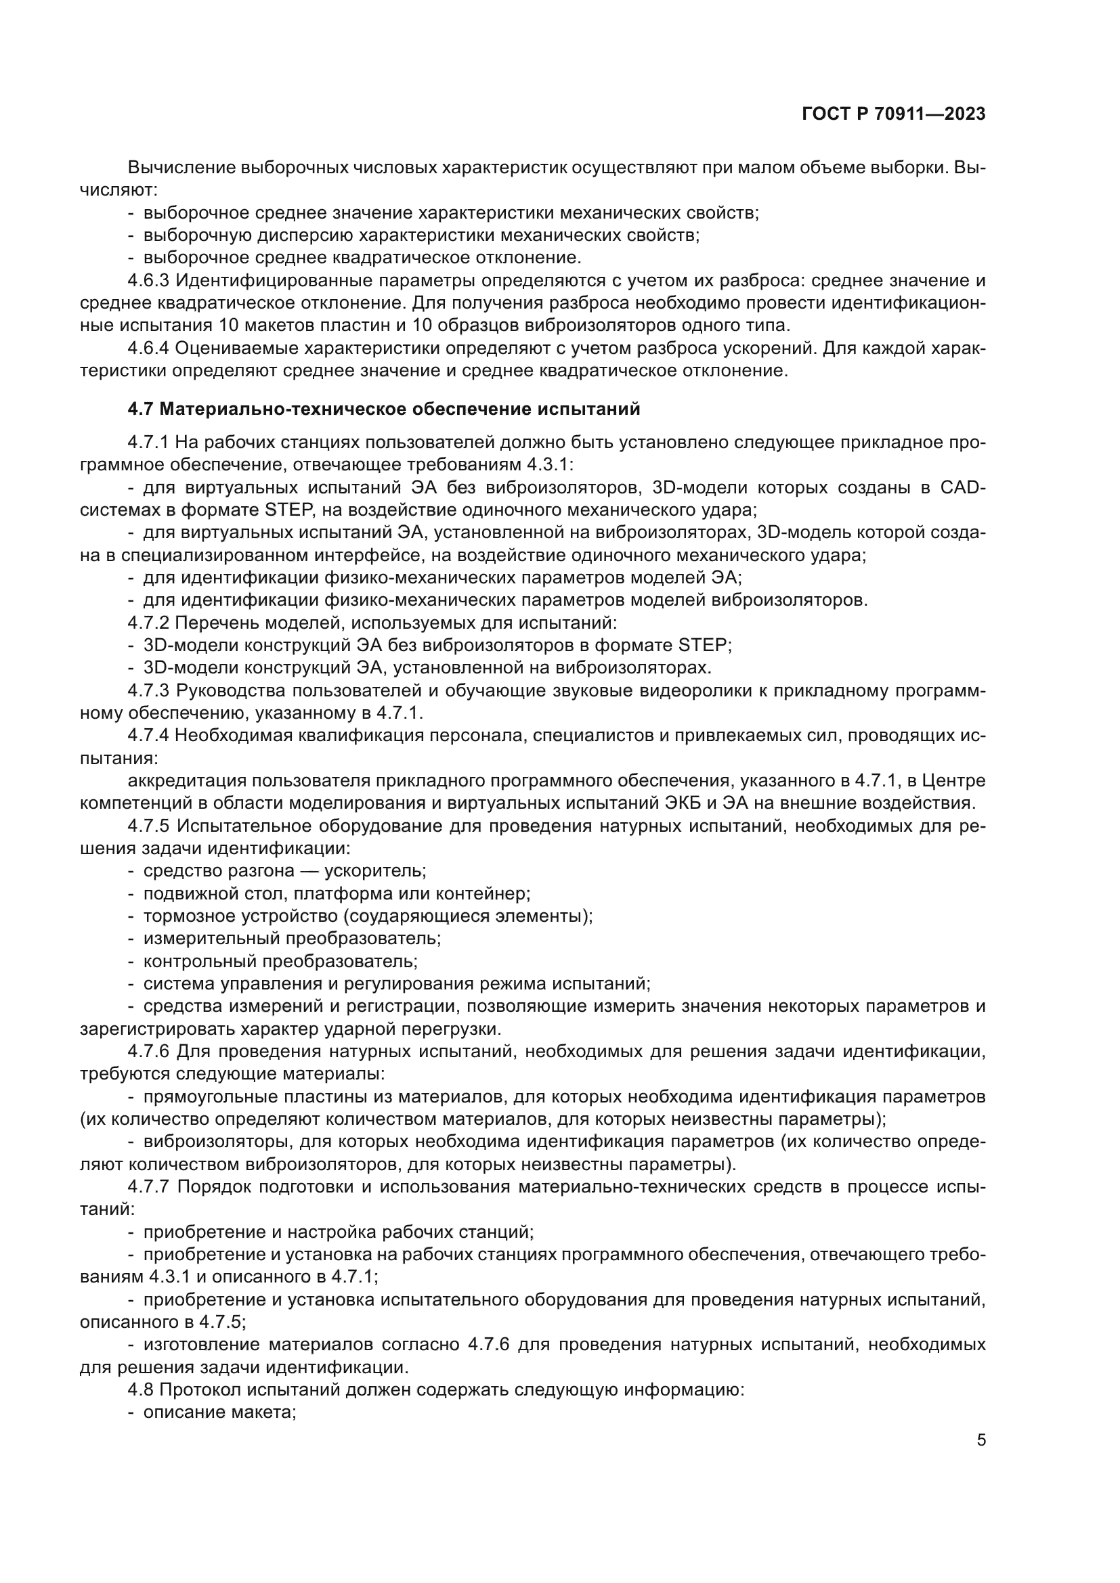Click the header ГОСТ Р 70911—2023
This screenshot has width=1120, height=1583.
(x=893, y=114)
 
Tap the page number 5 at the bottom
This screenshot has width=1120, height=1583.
(x=981, y=1440)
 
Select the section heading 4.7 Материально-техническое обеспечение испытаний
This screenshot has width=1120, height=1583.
(x=383, y=409)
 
